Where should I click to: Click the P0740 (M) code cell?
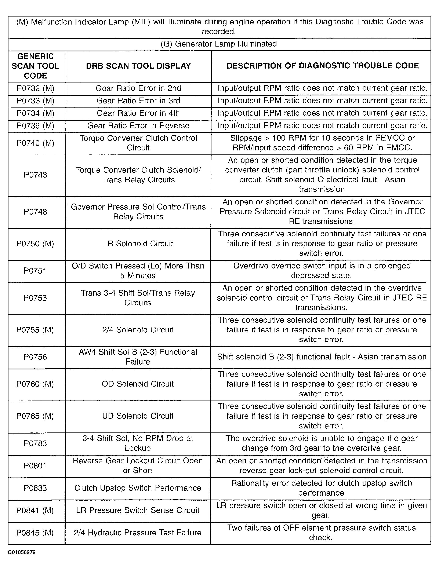pos(36,143)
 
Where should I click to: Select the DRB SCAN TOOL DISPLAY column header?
pos(138,66)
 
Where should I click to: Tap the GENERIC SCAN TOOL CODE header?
pos(36,66)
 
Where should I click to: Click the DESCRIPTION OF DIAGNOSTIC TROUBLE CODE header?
pos(323,66)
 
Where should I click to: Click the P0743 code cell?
pos(36,175)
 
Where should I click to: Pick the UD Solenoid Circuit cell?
pos(138,416)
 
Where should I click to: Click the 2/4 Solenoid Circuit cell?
pos(138,330)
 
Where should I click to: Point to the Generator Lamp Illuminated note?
pos(219,44)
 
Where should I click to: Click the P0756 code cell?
pos(35,357)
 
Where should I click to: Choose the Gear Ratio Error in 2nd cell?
pos(138,88)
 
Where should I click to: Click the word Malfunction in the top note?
pos(51,22)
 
